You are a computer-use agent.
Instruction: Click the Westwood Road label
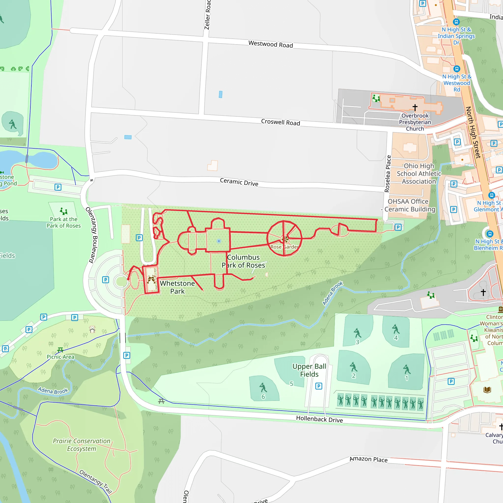pyautogui.click(x=270, y=44)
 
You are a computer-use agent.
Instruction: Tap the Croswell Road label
pyautogui.click(x=280, y=122)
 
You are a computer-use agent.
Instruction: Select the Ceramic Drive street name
pyautogui.click(x=239, y=182)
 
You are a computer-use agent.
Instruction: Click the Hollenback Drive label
pyautogui.click(x=319, y=419)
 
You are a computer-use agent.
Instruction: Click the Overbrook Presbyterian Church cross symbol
pyautogui.click(x=415, y=107)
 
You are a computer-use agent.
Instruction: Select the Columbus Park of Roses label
pyautogui.click(x=243, y=261)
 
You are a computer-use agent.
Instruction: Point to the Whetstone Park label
pyautogui.click(x=177, y=287)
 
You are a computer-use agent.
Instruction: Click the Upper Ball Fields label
pyautogui.click(x=309, y=370)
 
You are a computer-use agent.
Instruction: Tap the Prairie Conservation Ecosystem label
pyautogui.click(x=82, y=445)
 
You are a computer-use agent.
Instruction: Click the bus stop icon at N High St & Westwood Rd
pyautogui.click(x=457, y=69)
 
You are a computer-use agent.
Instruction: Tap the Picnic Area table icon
pyautogui.click(x=60, y=350)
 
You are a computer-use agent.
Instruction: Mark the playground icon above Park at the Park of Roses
pyautogui.click(x=64, y=211)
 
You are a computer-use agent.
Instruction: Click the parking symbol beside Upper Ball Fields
pyautogui.click(x=319, y=386)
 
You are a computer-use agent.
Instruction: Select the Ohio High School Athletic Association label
pyautogui.click(x=419, y=174)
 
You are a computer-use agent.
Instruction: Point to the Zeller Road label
pyautogui.click(x=207, y=14)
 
